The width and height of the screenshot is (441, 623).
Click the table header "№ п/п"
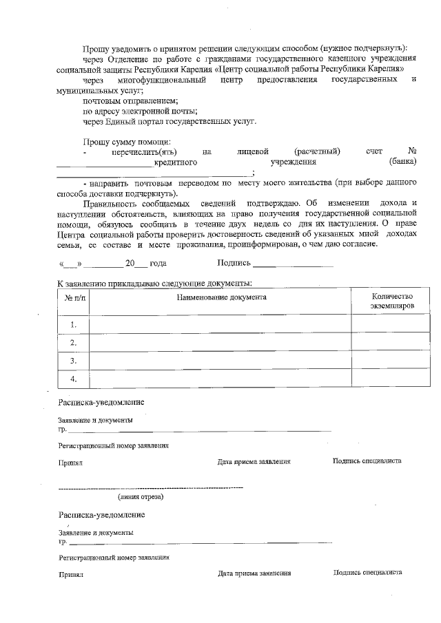(74, 298)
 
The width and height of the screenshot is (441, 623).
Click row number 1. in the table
(74, 324)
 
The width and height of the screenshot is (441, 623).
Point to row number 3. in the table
(74, 361)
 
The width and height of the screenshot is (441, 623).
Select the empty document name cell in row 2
(220, 343)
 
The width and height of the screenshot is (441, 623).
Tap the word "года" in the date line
(158, 263)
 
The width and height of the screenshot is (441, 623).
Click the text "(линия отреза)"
(141, 496)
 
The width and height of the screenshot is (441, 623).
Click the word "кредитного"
(176, 162)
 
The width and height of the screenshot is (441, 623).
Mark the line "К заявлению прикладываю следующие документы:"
(154, 283)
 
